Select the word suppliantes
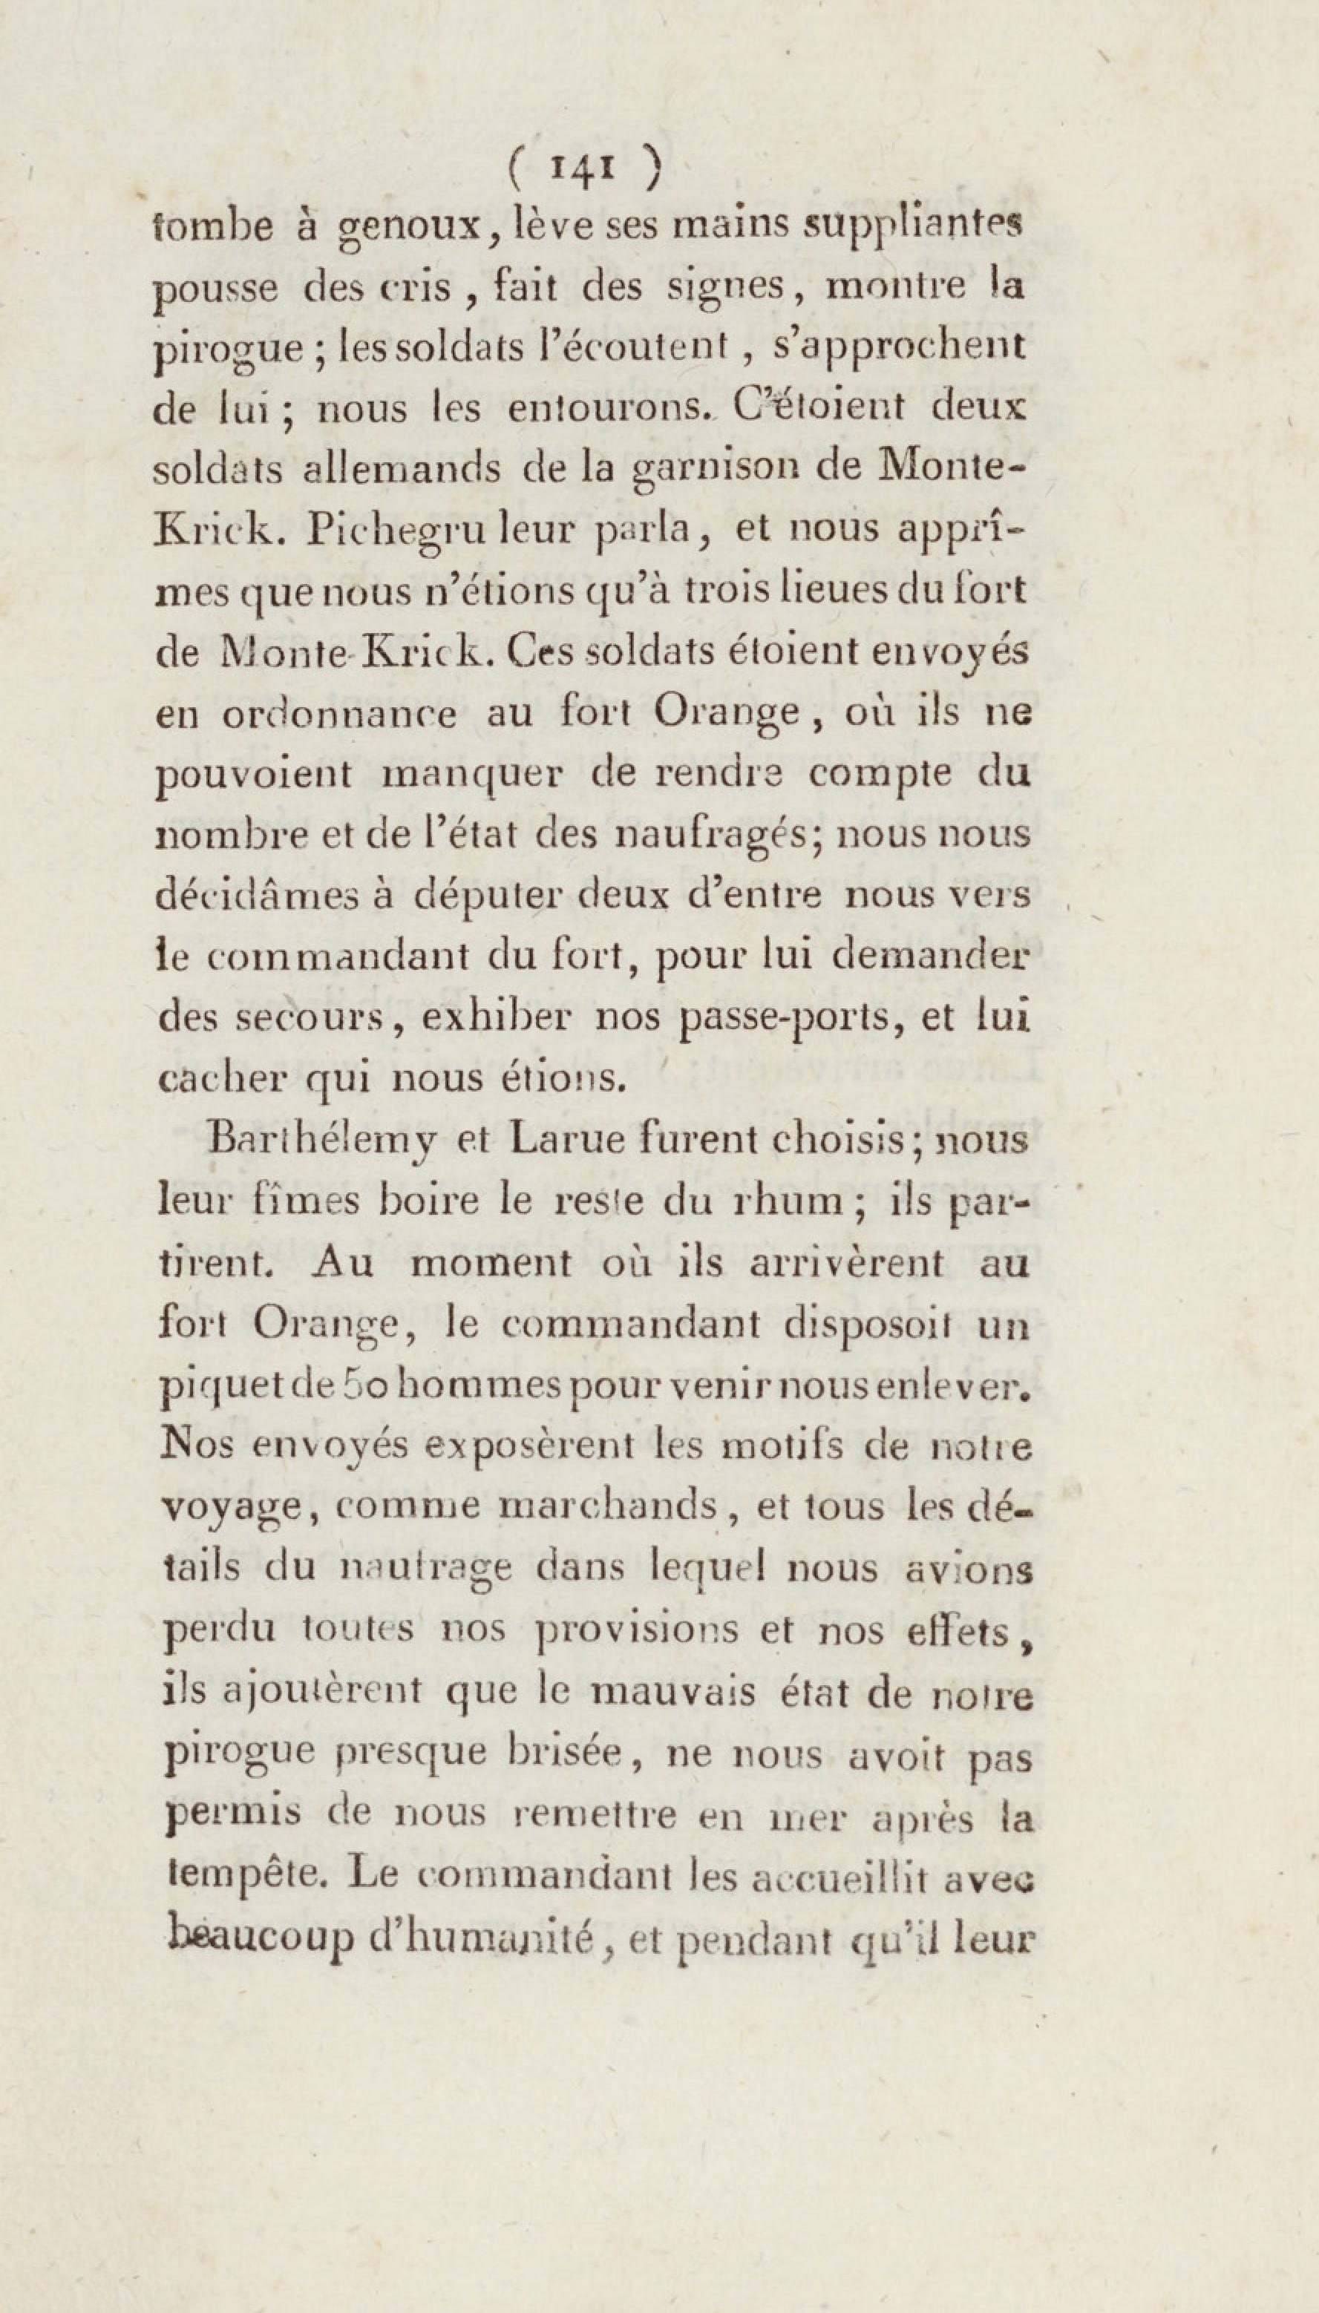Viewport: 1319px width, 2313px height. (x=913, y=226)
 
